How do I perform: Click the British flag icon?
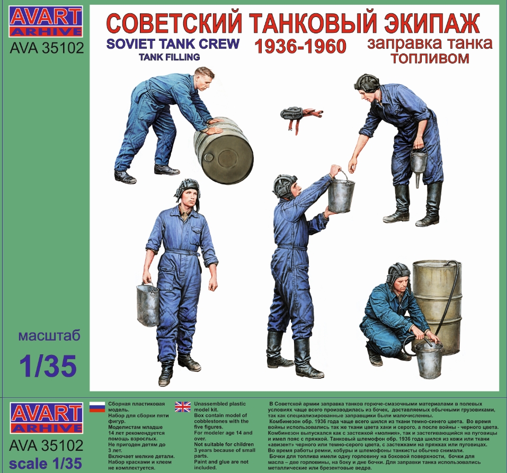click(x=183, y=406)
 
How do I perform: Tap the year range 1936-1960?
click(x=300, y=47)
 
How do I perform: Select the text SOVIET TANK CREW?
click(x=173, y=43)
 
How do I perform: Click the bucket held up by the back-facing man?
click(x=341, y=193)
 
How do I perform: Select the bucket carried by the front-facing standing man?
click(x=148, y=305)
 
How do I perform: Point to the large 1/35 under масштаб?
click(x=48, y=365)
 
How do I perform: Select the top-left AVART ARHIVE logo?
click(x=47, y=21)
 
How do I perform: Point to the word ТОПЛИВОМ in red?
click(x=429, y=59)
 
